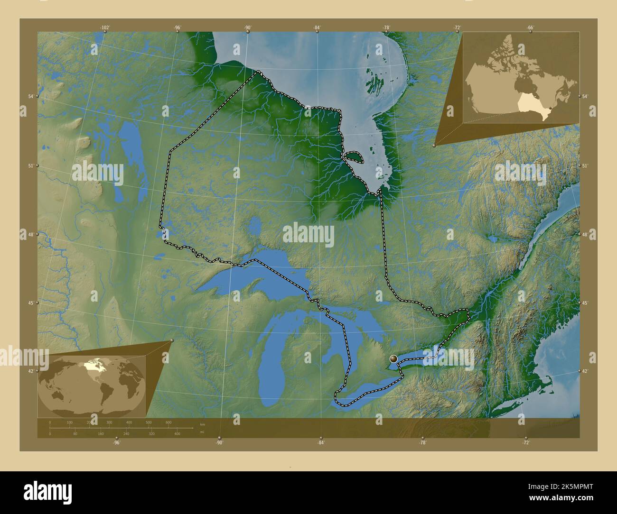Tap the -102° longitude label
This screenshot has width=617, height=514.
click(105, 28)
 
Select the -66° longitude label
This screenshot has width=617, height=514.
click(530, 28)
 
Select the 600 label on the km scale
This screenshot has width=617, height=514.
click(168, 422)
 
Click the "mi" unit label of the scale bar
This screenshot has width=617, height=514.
click(202, 432)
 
